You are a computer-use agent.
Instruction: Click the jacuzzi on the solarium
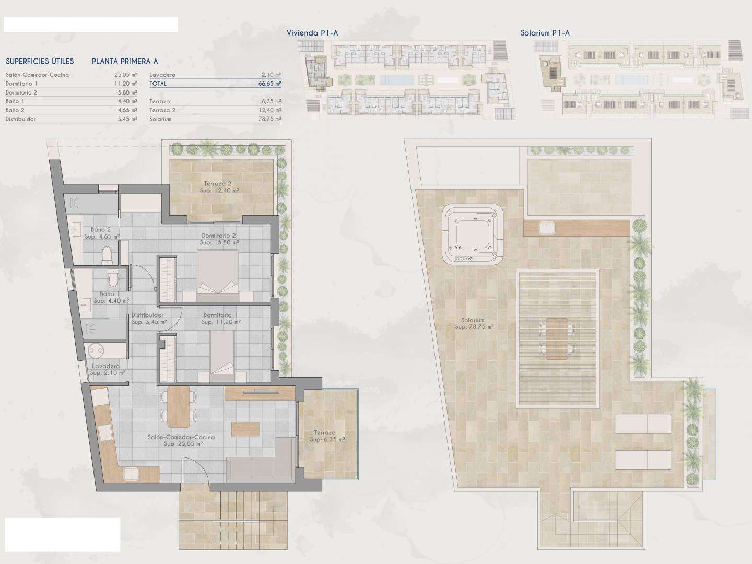473,234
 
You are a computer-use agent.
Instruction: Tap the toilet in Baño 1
113,278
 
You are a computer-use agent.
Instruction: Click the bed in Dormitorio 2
218,276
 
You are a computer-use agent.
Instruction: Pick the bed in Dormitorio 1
222,356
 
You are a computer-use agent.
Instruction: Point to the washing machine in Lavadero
96,350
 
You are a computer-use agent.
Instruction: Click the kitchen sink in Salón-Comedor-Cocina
131,474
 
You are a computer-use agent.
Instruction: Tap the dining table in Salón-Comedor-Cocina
179,407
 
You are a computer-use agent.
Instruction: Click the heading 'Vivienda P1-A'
312,33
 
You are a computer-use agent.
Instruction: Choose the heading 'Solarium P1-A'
545,33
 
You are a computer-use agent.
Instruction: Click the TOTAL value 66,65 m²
269,84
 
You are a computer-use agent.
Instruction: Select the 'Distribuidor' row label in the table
20,119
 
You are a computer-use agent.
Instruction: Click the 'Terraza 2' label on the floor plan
218,183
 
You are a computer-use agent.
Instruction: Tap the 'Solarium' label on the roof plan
473,320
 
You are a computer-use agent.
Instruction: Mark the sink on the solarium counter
547,228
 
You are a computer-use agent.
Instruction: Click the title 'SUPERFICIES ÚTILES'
40,61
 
